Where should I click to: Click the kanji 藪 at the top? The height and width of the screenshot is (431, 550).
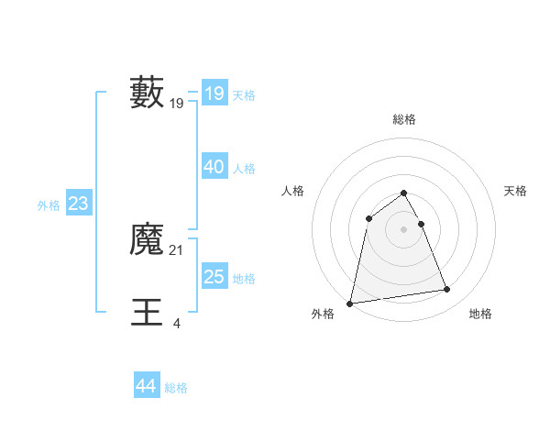[x=147, y=92]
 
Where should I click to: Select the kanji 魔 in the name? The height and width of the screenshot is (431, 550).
[x=147, y=240]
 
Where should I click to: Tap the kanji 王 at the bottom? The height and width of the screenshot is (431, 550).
[x=147, y=312]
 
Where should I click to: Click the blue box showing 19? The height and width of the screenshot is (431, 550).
[x=214, y=94]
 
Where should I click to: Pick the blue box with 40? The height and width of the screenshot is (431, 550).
[x=214, y=167]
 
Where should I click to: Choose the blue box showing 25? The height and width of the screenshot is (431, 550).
[x=214, y=277]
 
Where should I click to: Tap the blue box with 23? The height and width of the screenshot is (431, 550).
[x=78, y=204]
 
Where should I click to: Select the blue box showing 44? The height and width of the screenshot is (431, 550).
[x=147, y=386]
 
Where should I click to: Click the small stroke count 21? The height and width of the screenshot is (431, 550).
[x=177, y=250]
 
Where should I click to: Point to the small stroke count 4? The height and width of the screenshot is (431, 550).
[x=176, y=323]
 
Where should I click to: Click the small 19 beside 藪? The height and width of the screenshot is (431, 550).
[x=177, y=104]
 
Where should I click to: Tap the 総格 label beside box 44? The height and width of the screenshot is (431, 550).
[x=176, y=388]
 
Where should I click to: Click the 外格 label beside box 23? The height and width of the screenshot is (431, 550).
[x=49, y=205]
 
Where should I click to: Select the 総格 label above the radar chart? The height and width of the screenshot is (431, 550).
[x=404, y=119]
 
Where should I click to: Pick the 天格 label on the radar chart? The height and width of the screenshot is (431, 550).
[x=516, y=191]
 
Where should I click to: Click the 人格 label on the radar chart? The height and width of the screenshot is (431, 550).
[x=292, y=191]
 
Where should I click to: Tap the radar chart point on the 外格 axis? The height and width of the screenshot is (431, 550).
[x=350, y=303]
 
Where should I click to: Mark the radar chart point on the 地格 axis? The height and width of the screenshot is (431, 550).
[x=447, y=290]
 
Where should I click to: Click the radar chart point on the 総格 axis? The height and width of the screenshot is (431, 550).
[x=404, y=193]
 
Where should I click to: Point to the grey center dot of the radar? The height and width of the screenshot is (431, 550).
[x=404, y=229]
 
